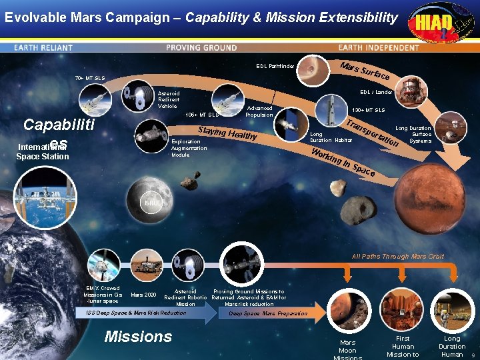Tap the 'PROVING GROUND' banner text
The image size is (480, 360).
coord(201,48)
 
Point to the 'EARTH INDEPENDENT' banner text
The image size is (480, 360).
coord(378,48)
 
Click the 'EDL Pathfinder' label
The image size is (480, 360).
coord(275,66)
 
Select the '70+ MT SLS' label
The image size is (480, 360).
coord(89,78)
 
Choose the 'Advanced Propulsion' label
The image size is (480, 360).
coord(259,111)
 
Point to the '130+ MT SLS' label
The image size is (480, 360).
coord(369,110)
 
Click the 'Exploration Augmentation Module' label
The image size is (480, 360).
coord(189,148)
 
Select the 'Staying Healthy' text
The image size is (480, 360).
coord(227,134)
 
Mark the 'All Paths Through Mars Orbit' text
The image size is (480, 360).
coord(398,257)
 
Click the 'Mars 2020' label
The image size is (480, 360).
coord(143,295)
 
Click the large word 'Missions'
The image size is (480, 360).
coord(138,337)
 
